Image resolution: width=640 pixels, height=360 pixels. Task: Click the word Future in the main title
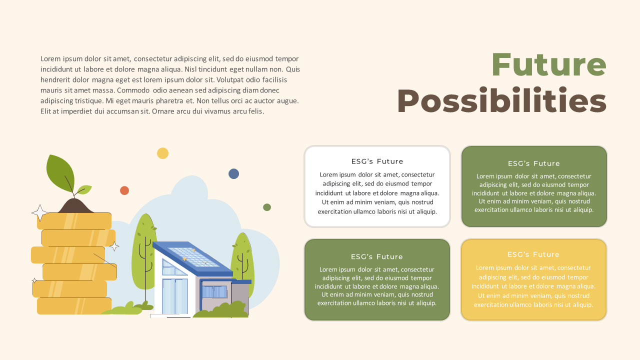(548, 65)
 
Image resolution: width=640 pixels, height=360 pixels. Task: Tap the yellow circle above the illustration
(162, 153)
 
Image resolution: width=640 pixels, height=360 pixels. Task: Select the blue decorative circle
(233, 173)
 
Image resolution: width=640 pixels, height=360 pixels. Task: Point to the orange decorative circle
(124, 190)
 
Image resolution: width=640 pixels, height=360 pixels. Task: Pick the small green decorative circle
(267, 207)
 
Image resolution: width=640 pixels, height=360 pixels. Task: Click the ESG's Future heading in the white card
(377, 161)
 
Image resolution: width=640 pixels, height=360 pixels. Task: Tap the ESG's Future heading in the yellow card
(533, 254)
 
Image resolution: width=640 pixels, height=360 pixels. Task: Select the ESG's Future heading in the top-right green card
(534, 163)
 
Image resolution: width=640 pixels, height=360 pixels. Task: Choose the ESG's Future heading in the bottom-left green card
(377, 256)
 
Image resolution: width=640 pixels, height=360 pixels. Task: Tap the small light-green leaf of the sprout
(84, 189)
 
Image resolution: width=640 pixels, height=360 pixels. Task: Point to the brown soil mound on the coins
(75, 205)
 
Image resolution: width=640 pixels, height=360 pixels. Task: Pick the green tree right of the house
(242, 260)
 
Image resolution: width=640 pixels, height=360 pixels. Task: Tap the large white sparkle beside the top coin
(39, 213)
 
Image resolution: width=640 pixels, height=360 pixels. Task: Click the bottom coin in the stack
(74, 305)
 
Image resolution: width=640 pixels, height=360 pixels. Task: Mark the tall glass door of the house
(174, 296)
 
